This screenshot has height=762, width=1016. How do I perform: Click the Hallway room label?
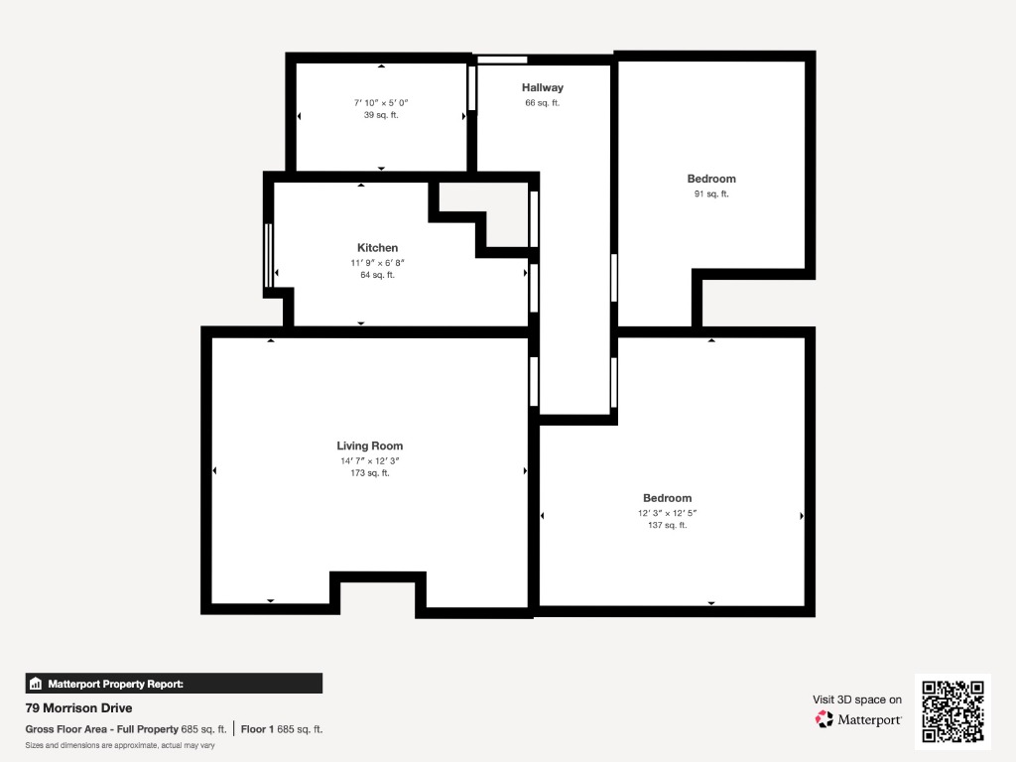click(x=543, y=87)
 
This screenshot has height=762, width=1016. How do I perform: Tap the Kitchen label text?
click(x=377, y=247)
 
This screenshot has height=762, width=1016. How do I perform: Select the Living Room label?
click(x=369, y=445)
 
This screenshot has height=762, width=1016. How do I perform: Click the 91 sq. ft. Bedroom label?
click(x=711, y=179)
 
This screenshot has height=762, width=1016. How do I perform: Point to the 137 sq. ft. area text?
click(x=668, y=525)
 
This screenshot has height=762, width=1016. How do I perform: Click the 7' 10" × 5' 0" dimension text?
click(x=381, y=102)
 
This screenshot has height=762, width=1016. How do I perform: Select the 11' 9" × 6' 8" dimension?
click(x=377, y=262)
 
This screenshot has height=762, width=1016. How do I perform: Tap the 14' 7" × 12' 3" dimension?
click(x=369, y=460)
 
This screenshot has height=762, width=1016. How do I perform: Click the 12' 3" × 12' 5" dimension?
click(x=668, y=513)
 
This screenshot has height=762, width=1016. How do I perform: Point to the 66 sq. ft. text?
click(x=543, y=102)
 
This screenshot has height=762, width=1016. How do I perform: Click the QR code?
click(x=952, y=711)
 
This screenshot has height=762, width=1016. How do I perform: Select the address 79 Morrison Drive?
click(x=78, y=707)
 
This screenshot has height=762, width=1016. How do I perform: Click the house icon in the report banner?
click(x=36, y=684)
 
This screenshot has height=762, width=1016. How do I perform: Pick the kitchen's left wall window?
click(x=268, y=255)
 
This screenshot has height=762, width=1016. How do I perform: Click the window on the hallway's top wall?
click(x=502, y=60)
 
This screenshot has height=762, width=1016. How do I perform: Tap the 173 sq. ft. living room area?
click(x=369, y=473)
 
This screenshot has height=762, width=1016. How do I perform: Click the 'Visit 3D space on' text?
click(x=857, y=699)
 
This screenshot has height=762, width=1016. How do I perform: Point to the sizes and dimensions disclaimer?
click(x=120, y=745)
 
